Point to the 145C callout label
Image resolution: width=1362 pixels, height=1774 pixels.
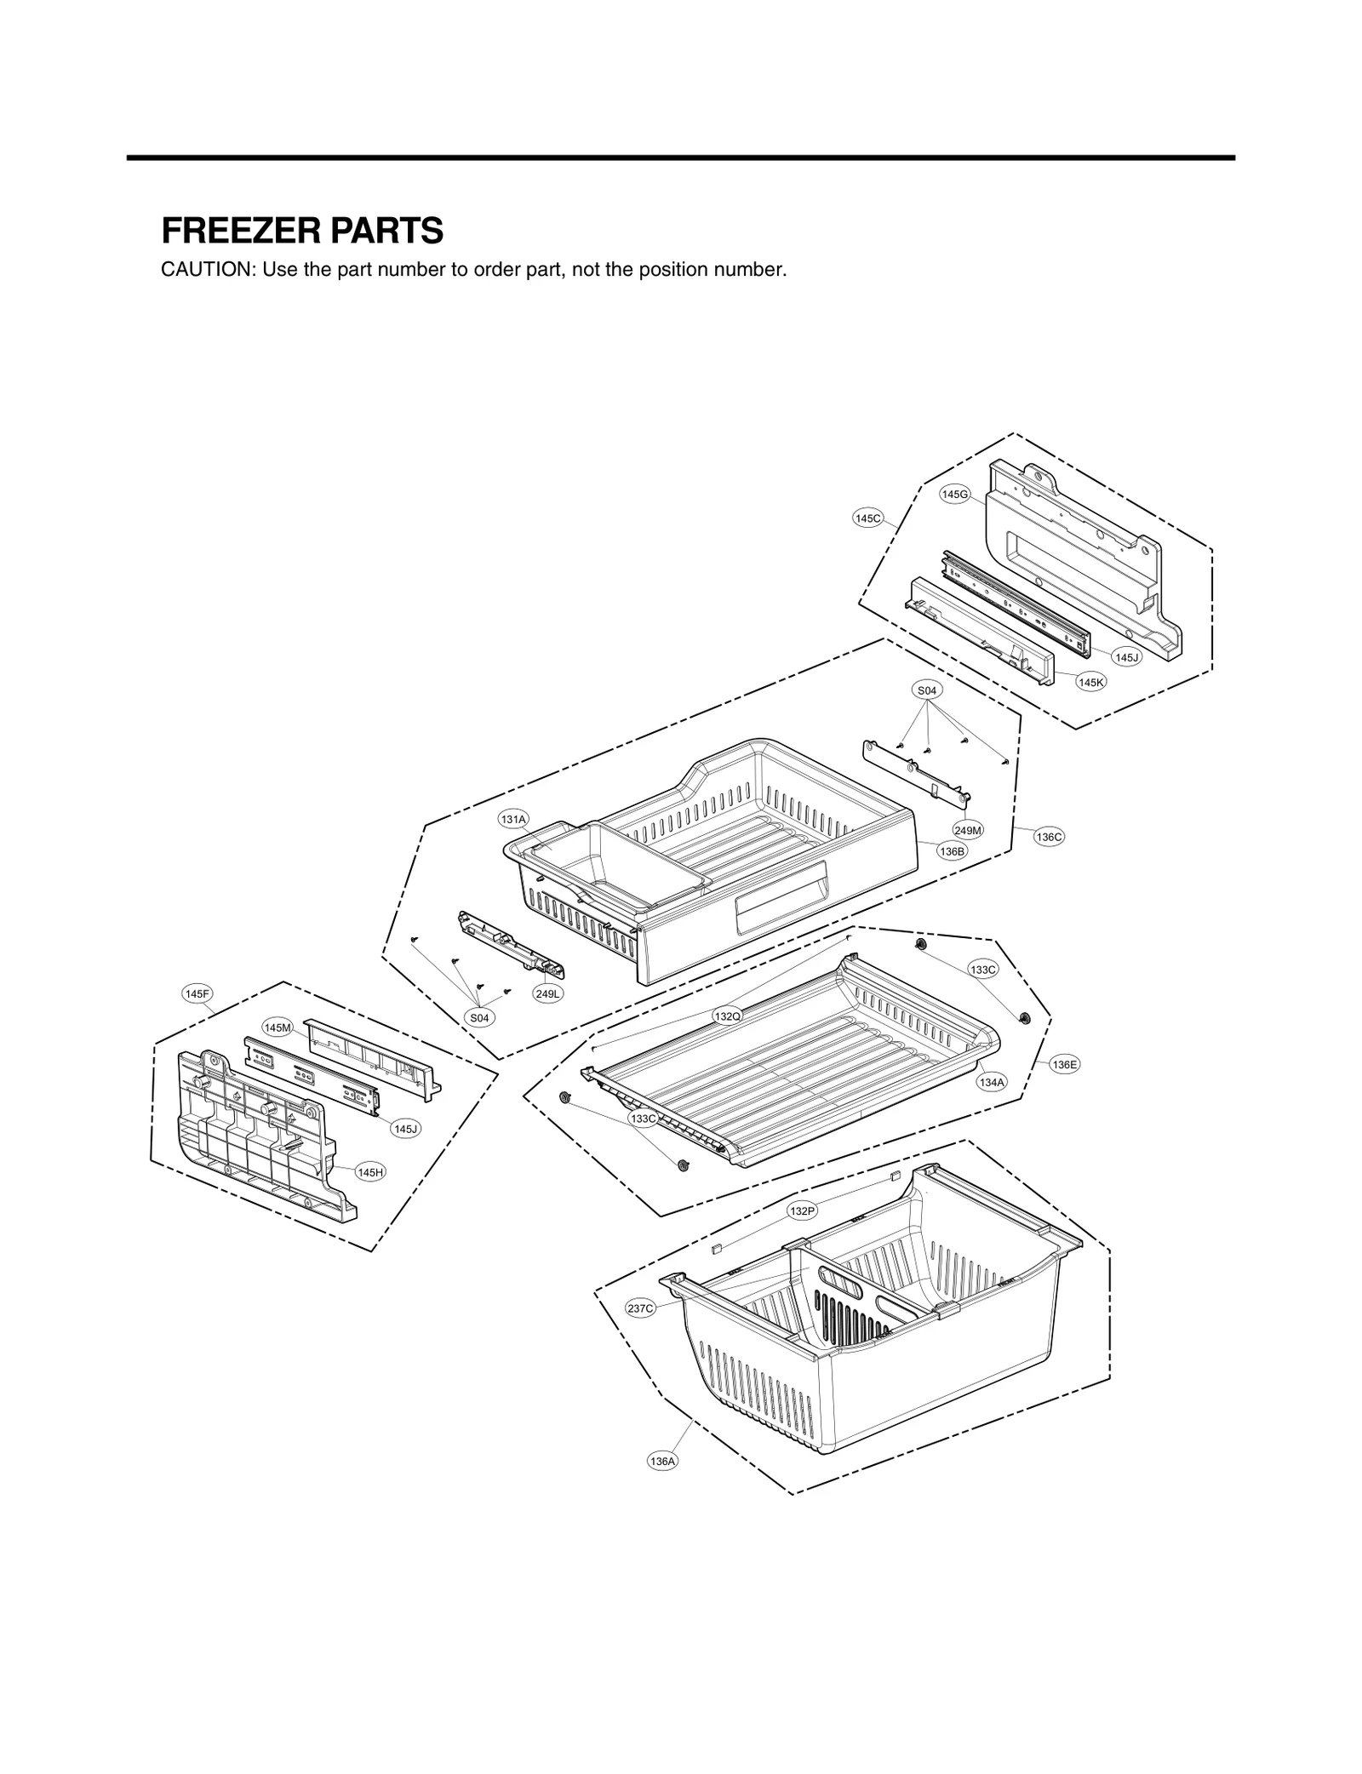pos(868,518)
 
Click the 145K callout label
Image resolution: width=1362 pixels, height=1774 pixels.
pos(1090,682)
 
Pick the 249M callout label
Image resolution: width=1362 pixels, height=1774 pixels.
pos(968,830)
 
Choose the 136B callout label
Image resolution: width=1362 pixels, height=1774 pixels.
pos(952,850)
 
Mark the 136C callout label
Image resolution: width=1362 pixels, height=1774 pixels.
pos(1050,837)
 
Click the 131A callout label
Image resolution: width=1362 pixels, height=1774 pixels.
pos(513,819)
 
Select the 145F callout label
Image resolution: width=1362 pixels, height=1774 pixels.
pos(197,993)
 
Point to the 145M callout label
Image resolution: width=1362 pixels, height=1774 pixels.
pos(278,1027)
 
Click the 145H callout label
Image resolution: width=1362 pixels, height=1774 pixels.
pos(370,1172)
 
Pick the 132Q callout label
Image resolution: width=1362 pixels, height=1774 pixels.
pos(727,1016)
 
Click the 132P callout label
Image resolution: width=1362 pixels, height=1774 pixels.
pos(802,1210)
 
